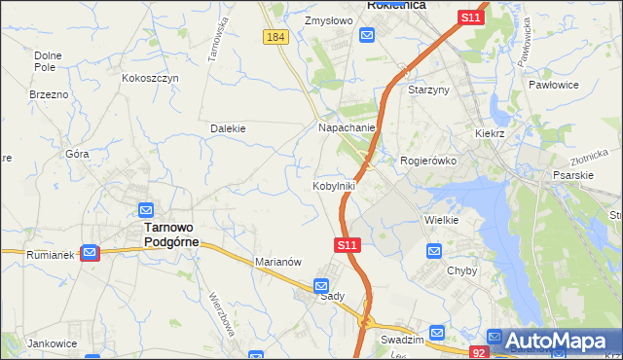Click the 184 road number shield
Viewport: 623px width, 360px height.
coord(275,37)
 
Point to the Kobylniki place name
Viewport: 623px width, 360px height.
coord(333,186)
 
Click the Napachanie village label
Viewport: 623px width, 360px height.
coord(347,127)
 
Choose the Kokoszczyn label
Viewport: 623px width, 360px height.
coord(151,78)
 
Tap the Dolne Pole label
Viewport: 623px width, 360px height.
coord(48,62)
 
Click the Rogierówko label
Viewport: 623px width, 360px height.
coord(428,161)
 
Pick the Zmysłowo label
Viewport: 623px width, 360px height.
coord(327,19)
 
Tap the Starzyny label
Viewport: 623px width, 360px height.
coord(428,90)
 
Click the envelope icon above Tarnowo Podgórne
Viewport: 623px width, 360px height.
coord(145,210)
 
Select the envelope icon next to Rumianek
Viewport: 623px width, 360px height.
coord(90,254)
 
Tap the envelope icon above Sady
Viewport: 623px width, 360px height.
coord(321,286)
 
